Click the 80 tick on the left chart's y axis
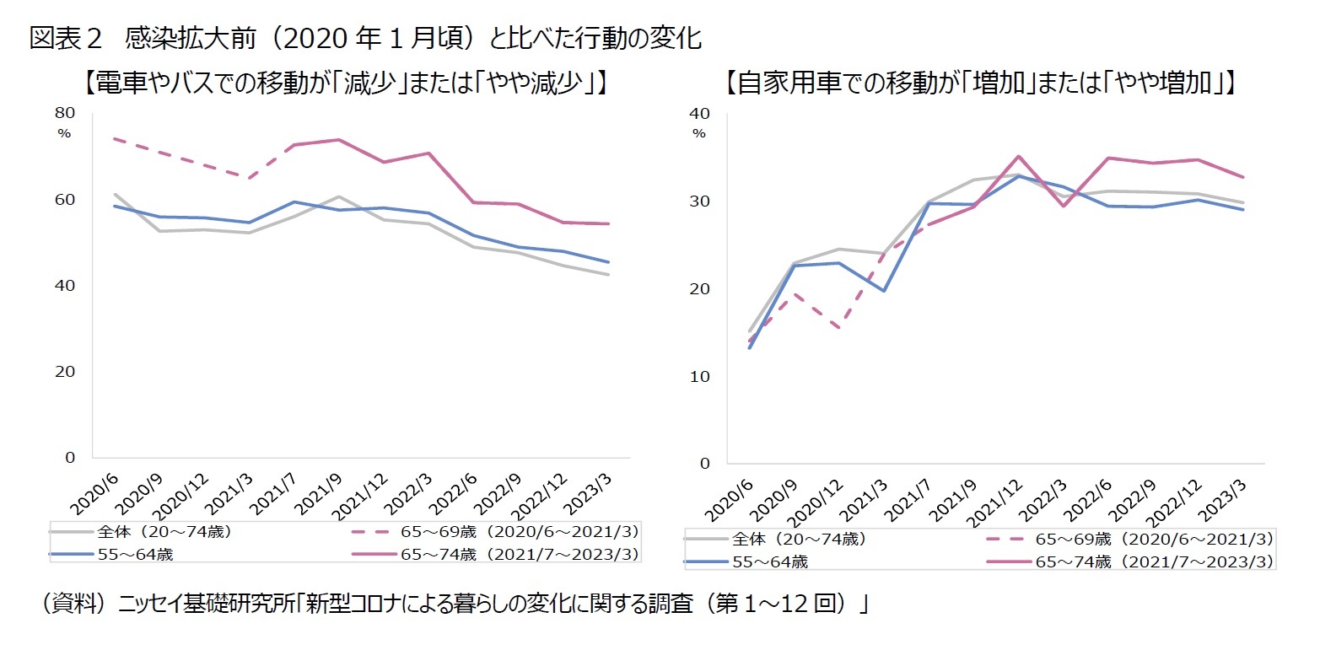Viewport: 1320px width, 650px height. click(66, 113)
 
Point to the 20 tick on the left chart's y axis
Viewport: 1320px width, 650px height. click(66, 372)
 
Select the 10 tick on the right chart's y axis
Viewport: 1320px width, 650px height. click(701, 376)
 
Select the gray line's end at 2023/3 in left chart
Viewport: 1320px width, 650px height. click(609, 275)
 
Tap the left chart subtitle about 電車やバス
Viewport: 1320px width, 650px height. click(345, 83)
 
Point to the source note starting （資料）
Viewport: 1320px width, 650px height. click(455, 604)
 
